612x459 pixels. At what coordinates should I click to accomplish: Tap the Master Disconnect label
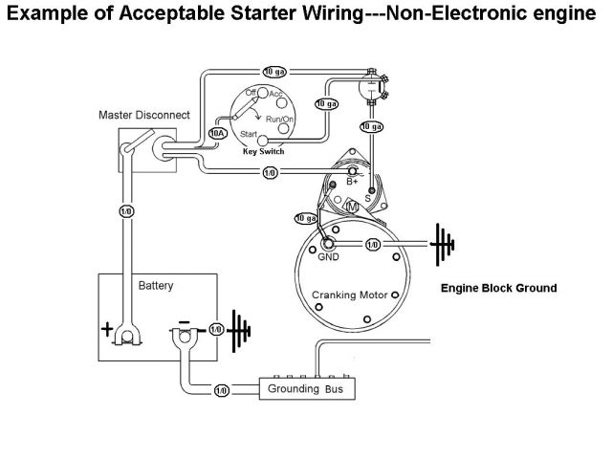coord(143,115)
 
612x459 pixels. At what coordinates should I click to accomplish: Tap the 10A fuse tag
coord(218,134)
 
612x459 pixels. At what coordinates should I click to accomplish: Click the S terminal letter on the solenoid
coord(367,198)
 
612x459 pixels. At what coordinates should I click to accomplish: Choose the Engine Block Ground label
coord(498,287)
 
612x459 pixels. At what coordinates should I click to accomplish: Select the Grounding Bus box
coord(308,390)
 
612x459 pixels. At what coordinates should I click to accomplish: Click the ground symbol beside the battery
coord(238,329)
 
